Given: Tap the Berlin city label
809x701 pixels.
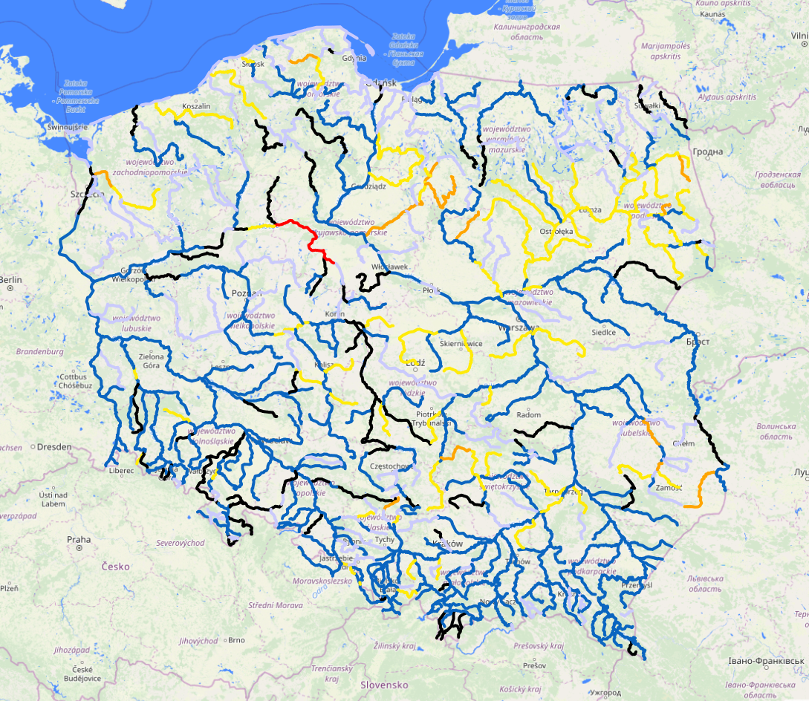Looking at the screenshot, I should point(12,280).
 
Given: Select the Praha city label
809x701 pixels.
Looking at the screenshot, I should point(78,540).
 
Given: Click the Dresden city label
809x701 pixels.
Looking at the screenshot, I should point(53,447).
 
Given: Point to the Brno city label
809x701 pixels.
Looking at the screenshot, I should point(236,639).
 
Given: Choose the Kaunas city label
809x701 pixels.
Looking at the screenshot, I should point(711,14).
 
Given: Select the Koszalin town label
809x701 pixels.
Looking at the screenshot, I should point(196,106).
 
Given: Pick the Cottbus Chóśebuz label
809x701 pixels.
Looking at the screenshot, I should point(71,381).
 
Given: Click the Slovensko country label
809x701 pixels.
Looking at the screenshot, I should point(386,684).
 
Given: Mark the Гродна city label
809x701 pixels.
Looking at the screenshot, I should point(707,152).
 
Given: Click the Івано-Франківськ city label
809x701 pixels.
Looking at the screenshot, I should point(765,660).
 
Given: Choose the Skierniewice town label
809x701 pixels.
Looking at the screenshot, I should point(461,344).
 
